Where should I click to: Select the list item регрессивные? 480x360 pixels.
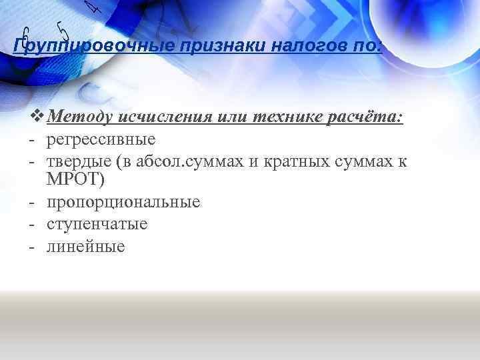101,139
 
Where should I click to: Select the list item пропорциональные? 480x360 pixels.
123,202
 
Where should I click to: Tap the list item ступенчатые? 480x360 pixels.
97,224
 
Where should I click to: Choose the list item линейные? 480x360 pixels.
86,246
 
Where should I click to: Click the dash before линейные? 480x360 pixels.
31,246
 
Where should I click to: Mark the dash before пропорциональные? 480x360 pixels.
31,202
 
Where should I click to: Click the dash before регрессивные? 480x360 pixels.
31,139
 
